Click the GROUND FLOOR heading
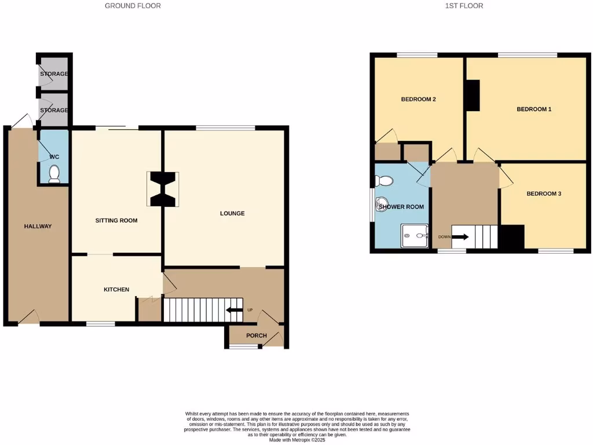(133, 6)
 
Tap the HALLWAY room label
(38, 227)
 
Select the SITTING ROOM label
(116, 221)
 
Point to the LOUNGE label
(232, 214)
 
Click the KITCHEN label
(116, 290)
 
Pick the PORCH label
(257, 336)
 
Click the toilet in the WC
(54, 174)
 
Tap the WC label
(54, 157)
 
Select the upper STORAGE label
(54, 74)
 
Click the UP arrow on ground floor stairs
(234, 311)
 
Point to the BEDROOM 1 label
(534, 109)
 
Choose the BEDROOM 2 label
(418, 100)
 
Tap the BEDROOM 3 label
(544, 194)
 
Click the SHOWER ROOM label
(401, 207)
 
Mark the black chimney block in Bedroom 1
(473, 95)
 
